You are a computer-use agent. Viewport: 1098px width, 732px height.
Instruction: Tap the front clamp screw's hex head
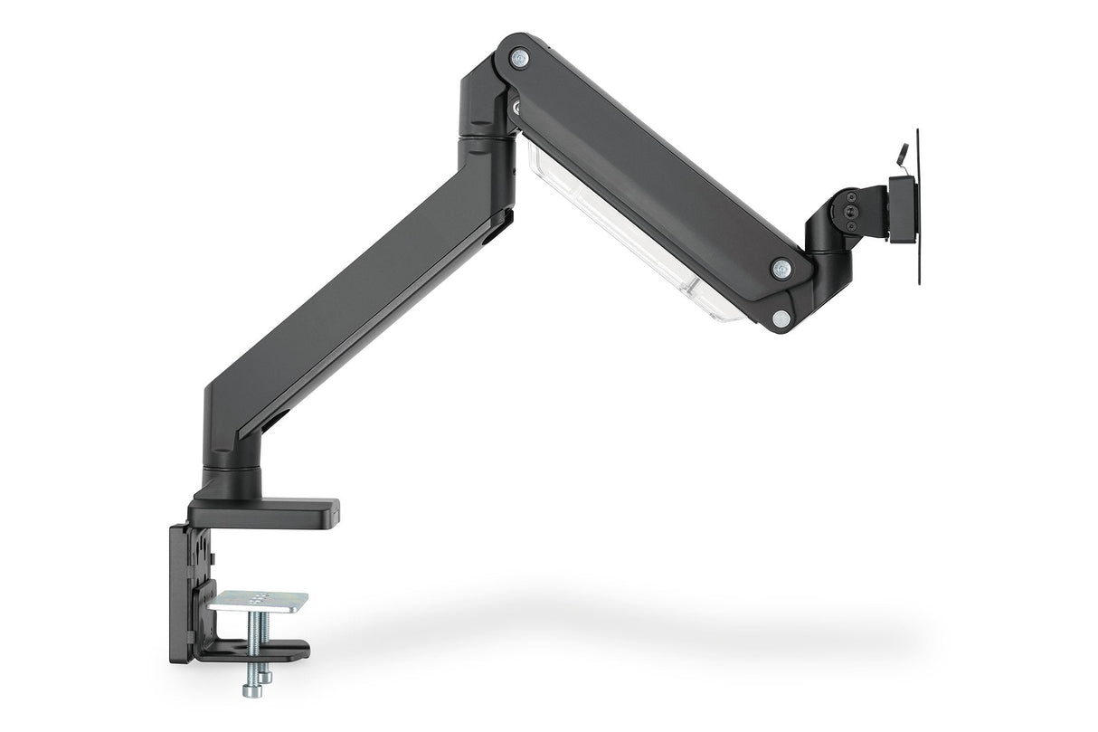click(251, 689)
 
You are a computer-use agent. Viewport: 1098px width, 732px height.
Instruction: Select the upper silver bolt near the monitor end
click(781, 268)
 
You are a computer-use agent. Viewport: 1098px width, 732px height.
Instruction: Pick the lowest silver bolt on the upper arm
click(780, 318)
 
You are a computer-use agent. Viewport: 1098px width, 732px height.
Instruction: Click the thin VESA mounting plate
click(918, 207)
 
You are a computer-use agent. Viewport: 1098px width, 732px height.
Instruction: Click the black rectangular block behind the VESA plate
click(903, 209)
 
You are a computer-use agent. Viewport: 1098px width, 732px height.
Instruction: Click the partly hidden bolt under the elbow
click(516, 108)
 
